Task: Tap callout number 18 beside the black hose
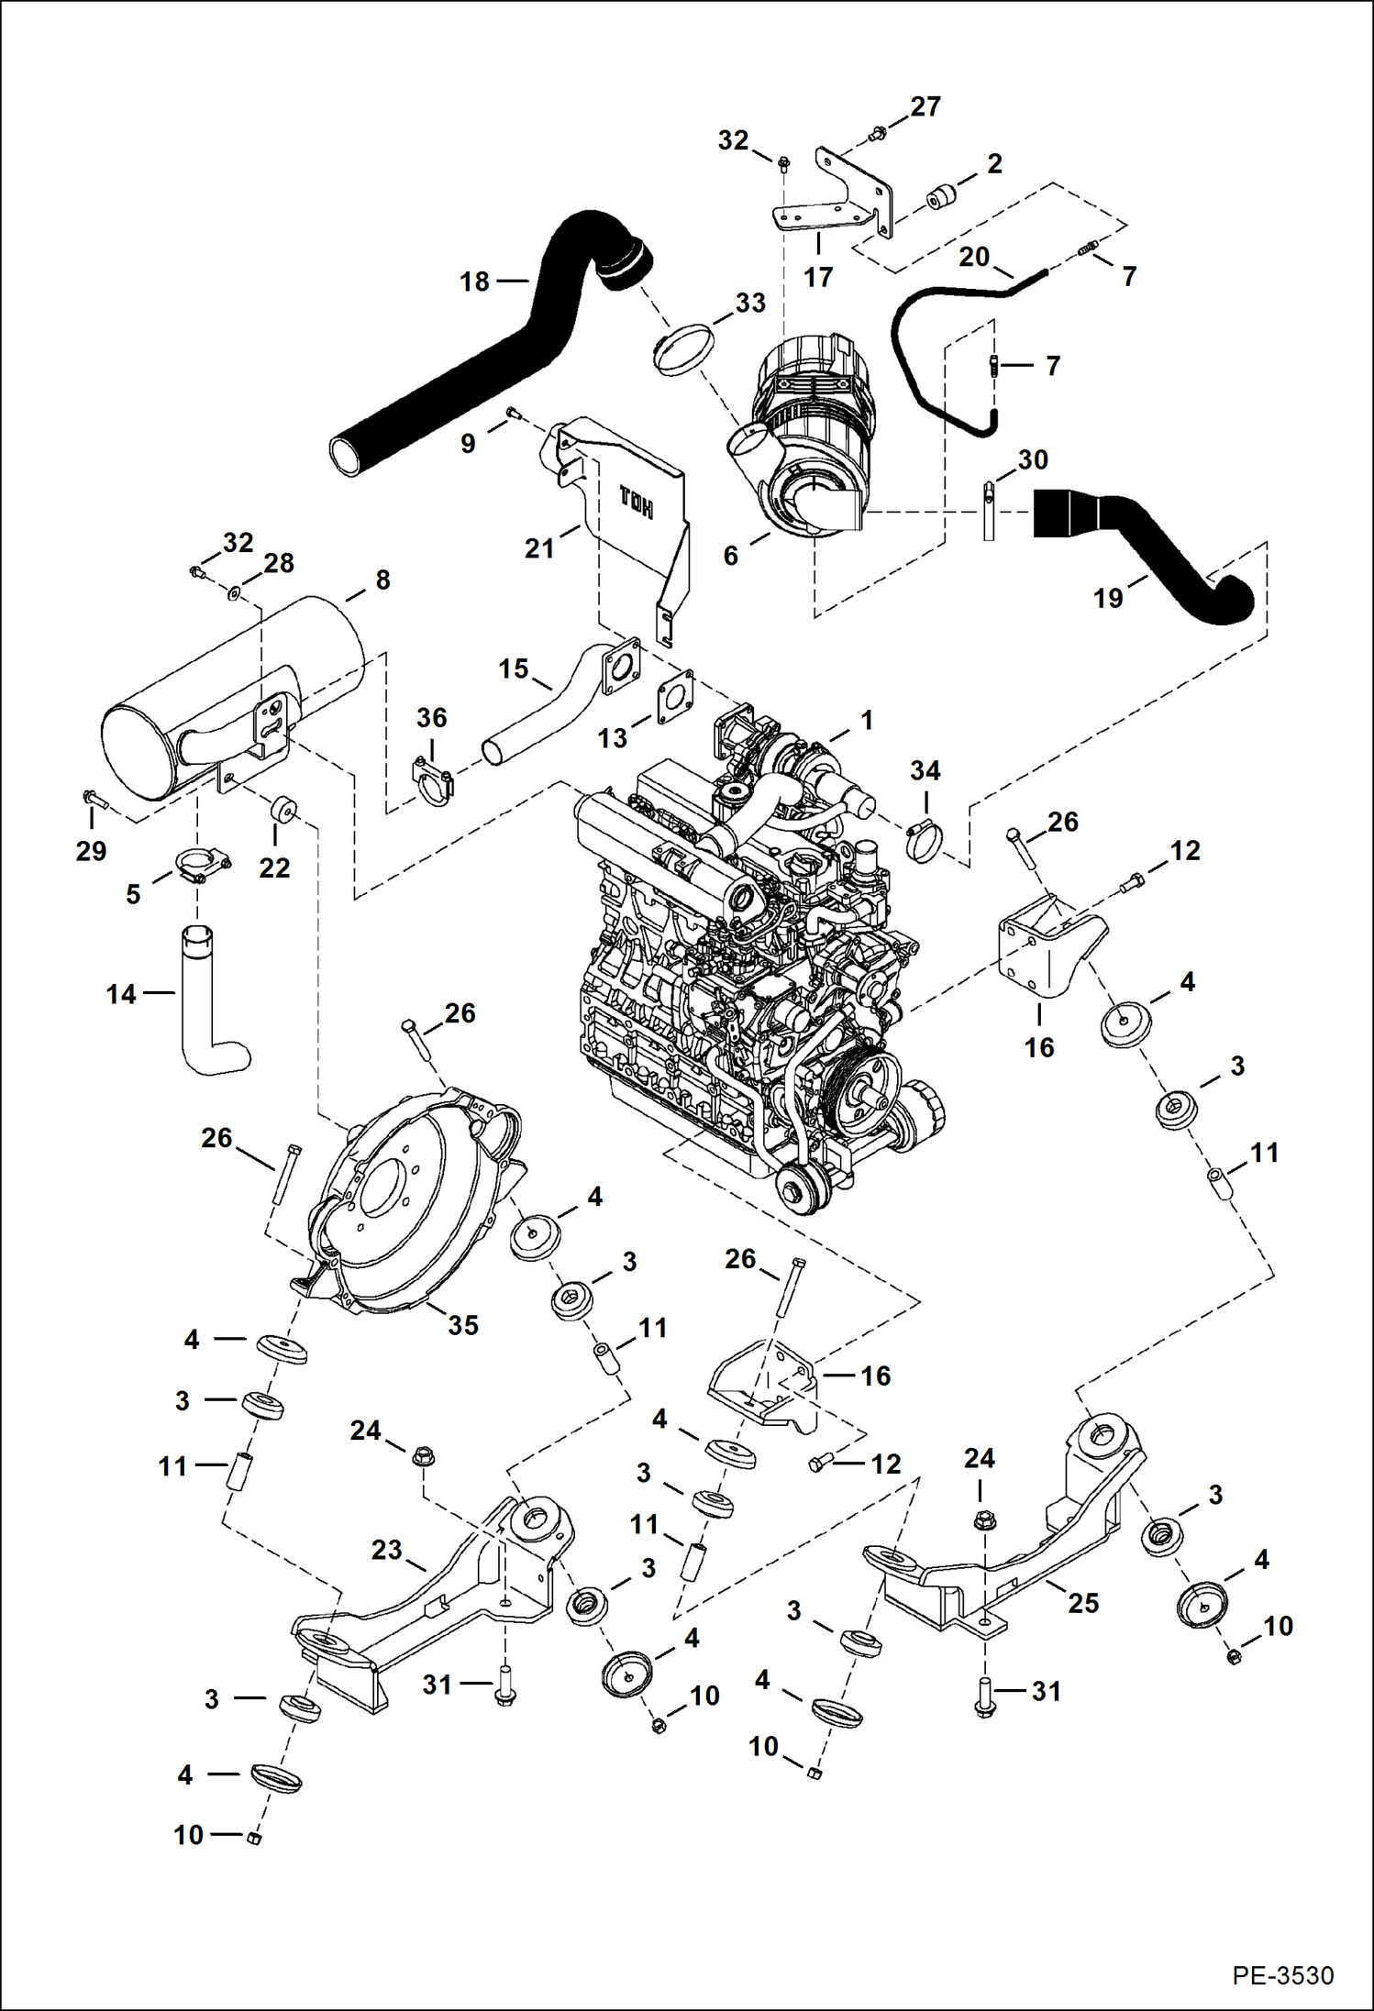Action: pos(474,282)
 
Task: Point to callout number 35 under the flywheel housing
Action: pos(463,1325)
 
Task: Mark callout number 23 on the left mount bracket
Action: pos(386,1550)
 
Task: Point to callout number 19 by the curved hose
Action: pos(1108,598)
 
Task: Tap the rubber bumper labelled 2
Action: pos(941,197)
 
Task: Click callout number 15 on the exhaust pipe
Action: pos(514,668)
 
